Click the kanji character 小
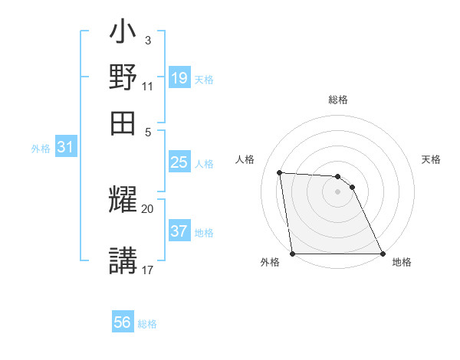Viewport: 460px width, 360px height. [123, 35]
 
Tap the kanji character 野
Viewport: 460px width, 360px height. [123, 77]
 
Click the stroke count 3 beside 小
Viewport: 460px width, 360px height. [147, 40]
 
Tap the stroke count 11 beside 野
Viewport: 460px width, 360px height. [147, 86]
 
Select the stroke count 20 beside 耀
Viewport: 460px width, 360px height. [148, 208]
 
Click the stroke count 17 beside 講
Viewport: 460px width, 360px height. [148, 270]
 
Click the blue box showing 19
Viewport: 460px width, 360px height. [179, 77]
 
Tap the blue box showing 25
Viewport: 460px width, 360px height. [179, 162]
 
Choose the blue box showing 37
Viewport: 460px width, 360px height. [179, 231]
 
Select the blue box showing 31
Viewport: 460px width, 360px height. [65, 148]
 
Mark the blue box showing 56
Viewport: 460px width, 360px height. [123, 322]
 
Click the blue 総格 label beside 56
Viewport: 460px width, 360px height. [147, 324]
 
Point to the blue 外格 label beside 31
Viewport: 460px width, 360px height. [41, 149]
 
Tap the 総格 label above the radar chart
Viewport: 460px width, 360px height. [338, 100]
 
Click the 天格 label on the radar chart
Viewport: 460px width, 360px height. [432, 159]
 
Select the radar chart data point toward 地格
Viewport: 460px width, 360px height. [383, 254]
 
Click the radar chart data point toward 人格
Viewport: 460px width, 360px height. [280, 172]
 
